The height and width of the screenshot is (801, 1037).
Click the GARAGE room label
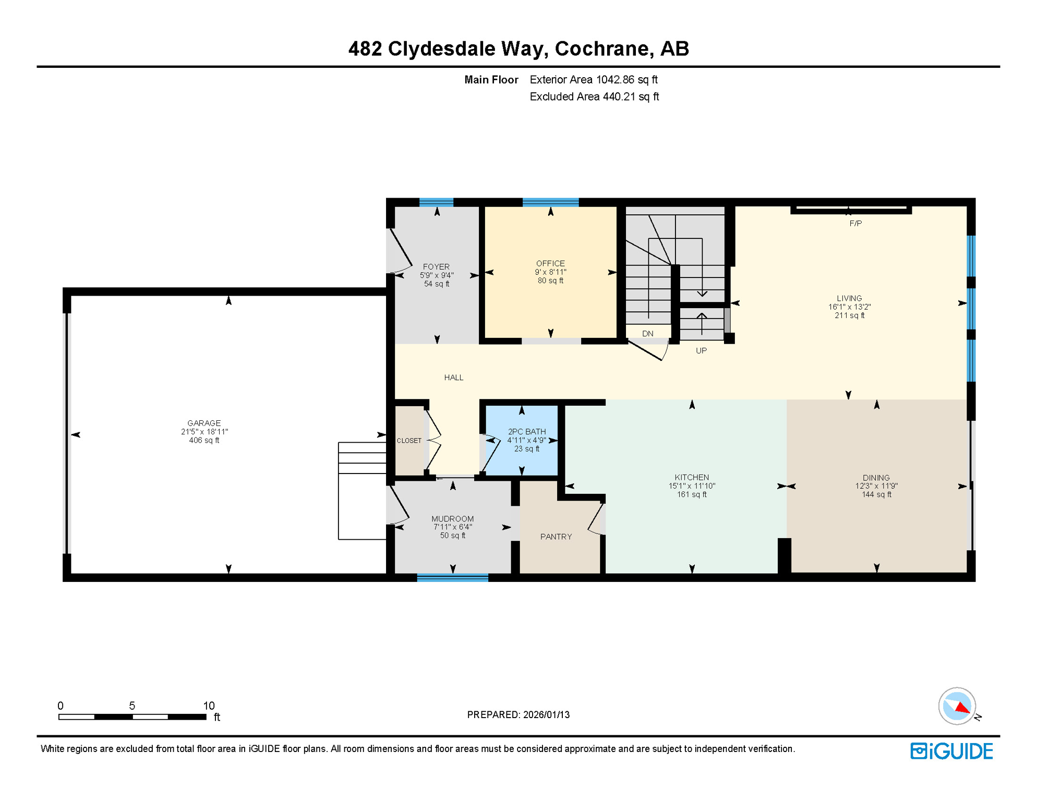point(204,423)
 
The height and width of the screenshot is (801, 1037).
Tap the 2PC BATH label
point(527,431)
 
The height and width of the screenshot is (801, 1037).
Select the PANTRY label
point(556,537)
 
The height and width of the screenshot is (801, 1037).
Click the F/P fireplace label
point(855,223)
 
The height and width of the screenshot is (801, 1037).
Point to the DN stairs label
point(648,334)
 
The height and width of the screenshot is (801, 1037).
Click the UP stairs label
point(701,350)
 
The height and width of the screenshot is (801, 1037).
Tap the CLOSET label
point(409,441)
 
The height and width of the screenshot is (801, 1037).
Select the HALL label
point(454,378)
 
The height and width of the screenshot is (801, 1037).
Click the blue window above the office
point(550,202)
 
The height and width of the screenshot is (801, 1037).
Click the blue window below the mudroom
point(453,577)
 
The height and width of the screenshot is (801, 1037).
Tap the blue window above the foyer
point(437,202)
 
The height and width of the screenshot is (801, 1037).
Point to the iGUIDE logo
point(951,751)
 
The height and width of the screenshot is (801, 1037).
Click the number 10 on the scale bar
point(209,706)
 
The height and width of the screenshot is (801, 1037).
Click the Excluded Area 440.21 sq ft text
point(594,96)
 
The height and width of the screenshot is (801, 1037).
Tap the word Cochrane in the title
point(604,48)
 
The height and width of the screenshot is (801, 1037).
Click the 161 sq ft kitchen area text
point(692,494)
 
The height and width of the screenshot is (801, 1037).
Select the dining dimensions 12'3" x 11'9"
point(876,486)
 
